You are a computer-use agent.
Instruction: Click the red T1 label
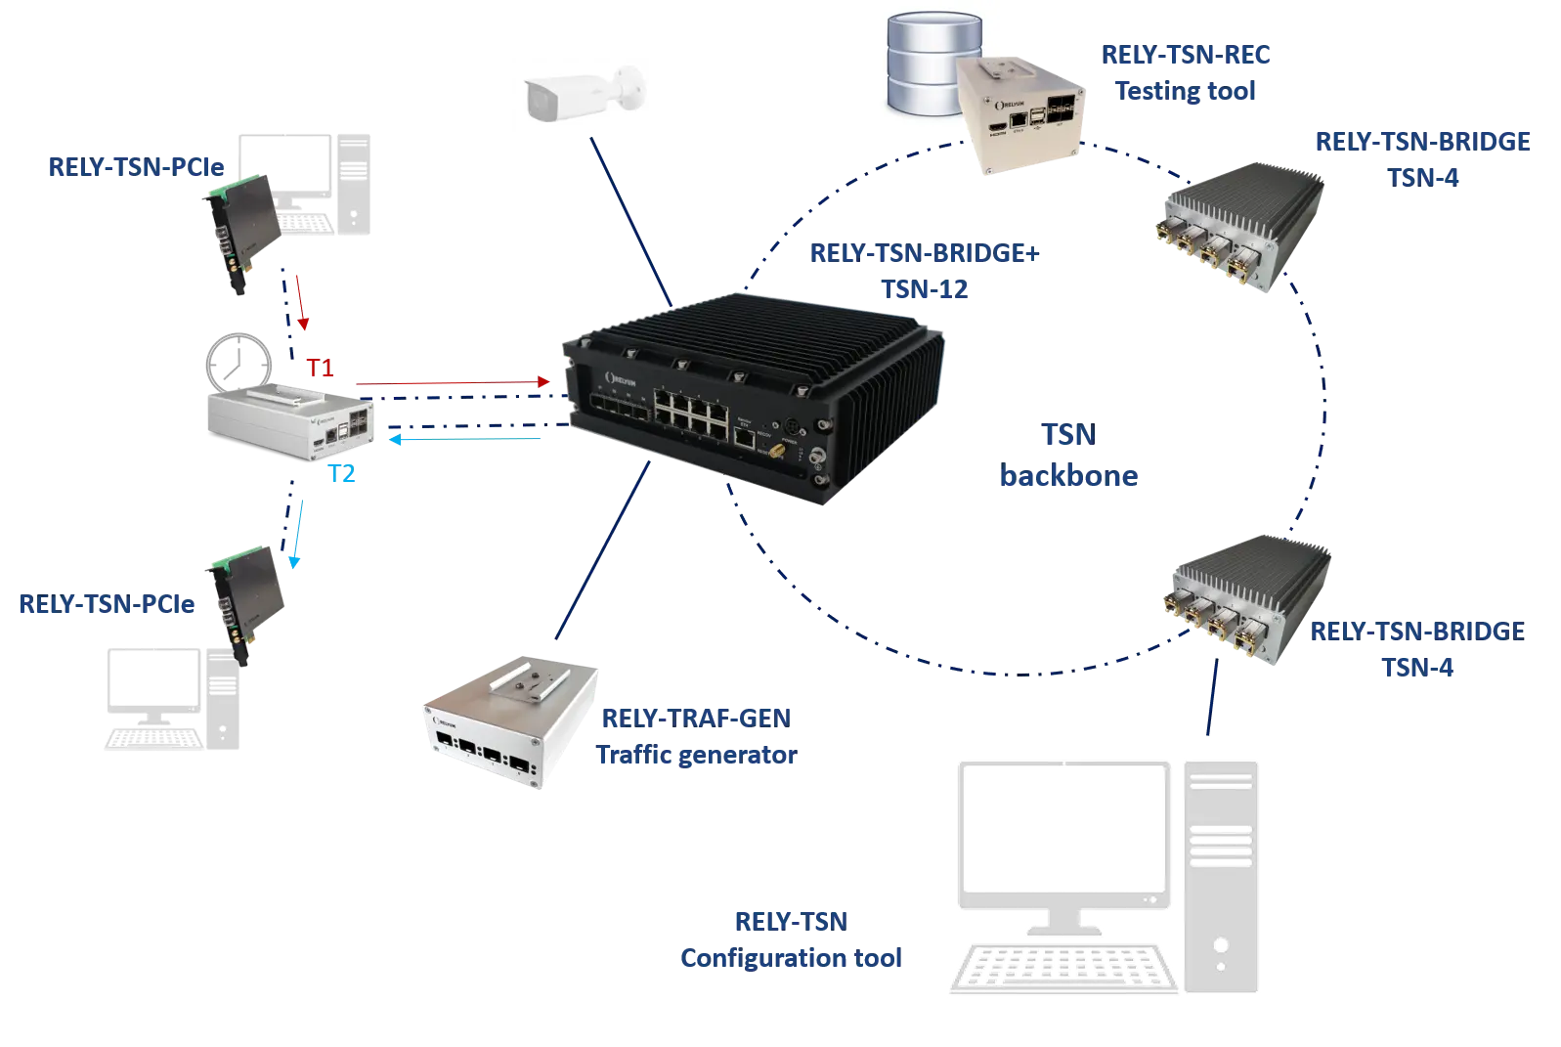tap(320, 368)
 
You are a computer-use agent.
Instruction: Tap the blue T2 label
tap(341, 473)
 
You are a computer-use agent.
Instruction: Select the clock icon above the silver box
tap(238, 363)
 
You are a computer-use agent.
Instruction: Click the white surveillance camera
tap(585, 94)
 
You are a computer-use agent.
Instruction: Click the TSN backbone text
tap(1069, 455)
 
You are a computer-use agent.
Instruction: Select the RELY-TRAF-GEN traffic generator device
tap(511, 722)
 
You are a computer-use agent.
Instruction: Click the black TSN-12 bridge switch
tap(754, 396)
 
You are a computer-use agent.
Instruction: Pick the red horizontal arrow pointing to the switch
tap(453, 382)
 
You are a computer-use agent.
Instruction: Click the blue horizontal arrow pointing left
tap(464, 439)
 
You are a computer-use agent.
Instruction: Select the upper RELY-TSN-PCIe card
tap(242, 234)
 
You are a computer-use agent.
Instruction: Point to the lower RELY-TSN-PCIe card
tap(245, 605)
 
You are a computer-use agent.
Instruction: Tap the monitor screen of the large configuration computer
tap(1063, 834)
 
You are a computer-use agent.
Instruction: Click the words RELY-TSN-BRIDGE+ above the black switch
tap(924, 253)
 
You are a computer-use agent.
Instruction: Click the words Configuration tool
tap(791, 958)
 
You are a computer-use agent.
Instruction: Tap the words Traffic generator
tap(696, 755)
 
